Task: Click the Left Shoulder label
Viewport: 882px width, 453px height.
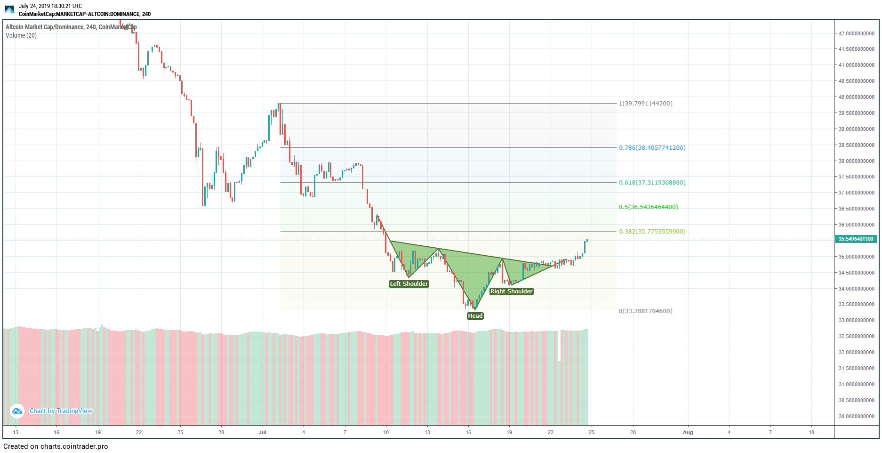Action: click(x=409, y=283)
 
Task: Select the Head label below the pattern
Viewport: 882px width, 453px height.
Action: click(x=475, y=315)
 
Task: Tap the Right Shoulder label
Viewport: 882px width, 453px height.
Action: click(x=511, y=291)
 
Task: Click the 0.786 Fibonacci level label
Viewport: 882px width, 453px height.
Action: click(x=652, y=147)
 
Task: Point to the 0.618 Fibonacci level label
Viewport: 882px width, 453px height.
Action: click(x=652, y=182)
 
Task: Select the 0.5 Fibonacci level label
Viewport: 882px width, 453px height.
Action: click(x=648, y=207)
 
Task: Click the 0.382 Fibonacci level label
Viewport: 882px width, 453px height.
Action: click(x=652, y=231)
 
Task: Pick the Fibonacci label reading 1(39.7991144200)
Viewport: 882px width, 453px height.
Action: click(x=645, y=103)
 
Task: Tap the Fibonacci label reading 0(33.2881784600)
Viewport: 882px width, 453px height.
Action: click(x=645, y=311)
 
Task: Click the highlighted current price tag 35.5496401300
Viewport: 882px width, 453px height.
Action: click(x=856, y=239)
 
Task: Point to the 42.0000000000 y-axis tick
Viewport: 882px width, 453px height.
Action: click(x=856, y=33)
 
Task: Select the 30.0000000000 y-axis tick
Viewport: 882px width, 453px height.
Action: click(x=856, y=416)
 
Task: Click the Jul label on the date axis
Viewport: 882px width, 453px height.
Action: click(x=263, y=432)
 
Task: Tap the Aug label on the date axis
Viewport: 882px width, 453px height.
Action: click(x=688, y=432)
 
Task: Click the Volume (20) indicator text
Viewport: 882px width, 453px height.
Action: click(x=21, y=35)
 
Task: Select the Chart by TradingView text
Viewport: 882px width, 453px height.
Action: click(x=61, y=411)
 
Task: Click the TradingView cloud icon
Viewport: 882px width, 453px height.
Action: click(x=17, y=411)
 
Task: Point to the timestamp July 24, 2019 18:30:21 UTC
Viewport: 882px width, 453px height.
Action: click(x=50, y=6)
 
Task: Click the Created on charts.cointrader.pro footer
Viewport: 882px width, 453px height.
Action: click(x=56, y=446)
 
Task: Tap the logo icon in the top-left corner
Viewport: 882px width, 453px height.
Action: click(x=9, y=9)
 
